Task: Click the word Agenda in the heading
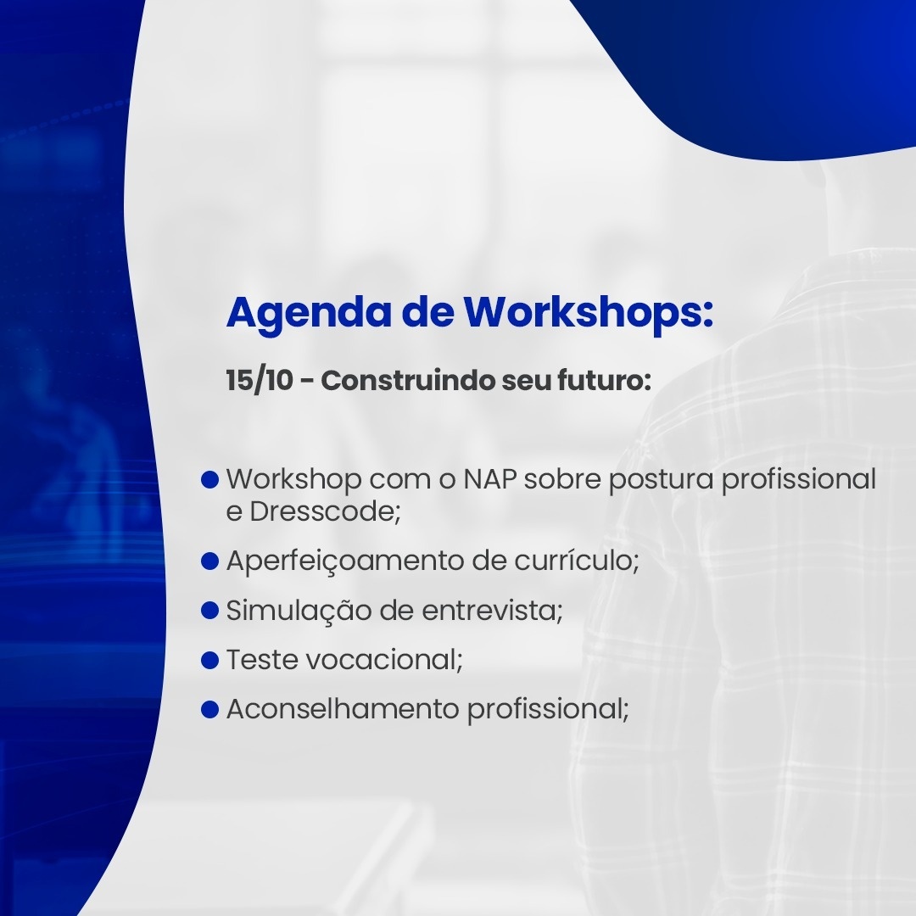click(x=309, y=314)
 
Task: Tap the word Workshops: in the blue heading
click(x=589, y=314)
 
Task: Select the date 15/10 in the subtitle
click(x=260, y=381)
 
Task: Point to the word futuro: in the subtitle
click(x=606, y=381)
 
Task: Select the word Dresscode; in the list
click(x=325, y=511)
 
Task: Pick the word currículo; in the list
click(x=577, y=561)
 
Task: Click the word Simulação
click(x=299, y=611)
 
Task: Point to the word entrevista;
click(x=492, y=611)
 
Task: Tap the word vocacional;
click(x=384, y=660)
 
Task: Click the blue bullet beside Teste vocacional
click(x=209, y=660)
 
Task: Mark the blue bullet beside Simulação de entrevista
click(x=209, y=611)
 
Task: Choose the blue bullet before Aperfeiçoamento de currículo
click(x=209, y=561)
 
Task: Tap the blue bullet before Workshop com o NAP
click(x=209, y=479)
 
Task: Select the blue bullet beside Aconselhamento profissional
click(x=209, y=709)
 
